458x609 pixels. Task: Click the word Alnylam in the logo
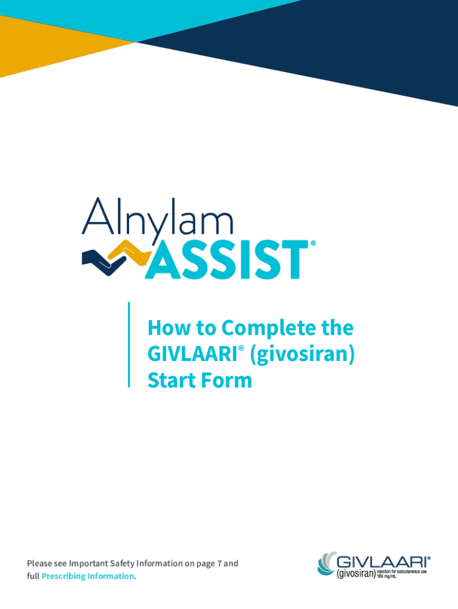click(x=158, y=218)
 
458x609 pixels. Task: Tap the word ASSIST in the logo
click(x=226, y=259)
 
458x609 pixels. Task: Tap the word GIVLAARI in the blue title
click(x=193, y=354)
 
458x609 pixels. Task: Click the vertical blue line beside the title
click(x=129, y=345)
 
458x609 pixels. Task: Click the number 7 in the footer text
click(x=220, y=563)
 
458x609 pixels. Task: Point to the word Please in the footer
click(x=39, y=563)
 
